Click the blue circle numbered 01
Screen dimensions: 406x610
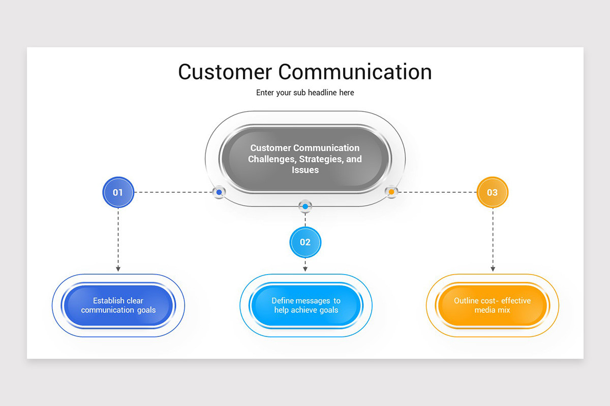(118, 192)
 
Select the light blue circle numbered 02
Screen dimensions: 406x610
(305, 242)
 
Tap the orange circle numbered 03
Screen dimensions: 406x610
(492, 192)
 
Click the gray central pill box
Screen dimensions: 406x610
(305, 159)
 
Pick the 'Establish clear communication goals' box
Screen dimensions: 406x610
(118, 306)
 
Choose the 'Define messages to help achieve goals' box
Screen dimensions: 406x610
(306, 306)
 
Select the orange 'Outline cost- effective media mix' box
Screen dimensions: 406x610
(492, 306)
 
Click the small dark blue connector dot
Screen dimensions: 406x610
(219, 192)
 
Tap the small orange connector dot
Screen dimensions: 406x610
(391, 192)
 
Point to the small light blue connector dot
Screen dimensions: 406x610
(305, 207)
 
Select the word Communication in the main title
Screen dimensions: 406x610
(355, 72)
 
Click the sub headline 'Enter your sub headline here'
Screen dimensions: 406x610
(305, 93)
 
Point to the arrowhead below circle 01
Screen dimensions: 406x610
(118, 268)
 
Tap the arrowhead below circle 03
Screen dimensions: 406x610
(493, 268)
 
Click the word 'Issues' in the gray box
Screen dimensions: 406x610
(305, 170)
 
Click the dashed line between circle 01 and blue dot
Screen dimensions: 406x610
(173, 192)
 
